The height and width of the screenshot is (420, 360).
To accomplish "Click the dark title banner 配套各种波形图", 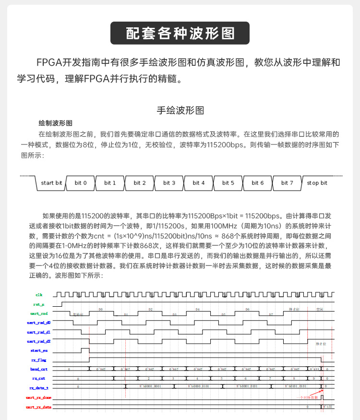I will pos(180,33).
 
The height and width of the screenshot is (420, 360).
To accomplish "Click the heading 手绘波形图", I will pos(180,110).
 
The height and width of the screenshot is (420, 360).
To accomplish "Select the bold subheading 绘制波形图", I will pos(55,123).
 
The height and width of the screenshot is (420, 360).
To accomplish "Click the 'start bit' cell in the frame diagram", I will pos(51,183).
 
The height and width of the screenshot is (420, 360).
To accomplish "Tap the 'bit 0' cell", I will pos(81,183).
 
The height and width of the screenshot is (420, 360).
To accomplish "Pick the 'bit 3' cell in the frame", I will pos(169,183).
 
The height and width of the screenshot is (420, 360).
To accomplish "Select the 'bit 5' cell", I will pos(228,183).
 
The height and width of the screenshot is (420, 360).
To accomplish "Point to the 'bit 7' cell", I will pos(288,183).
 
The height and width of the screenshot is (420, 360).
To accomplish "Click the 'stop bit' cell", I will pos(317,183).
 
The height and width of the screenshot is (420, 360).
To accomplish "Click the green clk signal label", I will pos(39,294).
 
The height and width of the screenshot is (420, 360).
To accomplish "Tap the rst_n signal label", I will pos(39,304).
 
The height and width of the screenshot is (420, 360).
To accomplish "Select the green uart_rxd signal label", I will pos(38,313).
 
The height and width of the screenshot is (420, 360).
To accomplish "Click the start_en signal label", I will pos(38,350).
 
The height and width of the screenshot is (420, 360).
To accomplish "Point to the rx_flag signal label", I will pos(38,360).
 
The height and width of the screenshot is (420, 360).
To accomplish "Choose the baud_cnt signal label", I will pos(38,369).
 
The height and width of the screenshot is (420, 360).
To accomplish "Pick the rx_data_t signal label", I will pos(38,387).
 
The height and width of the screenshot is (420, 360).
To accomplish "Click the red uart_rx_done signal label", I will pos(38,397).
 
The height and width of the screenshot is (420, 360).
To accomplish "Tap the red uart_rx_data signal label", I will pos(38,407).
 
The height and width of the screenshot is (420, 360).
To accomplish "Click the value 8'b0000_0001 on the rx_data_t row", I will pos(150,386).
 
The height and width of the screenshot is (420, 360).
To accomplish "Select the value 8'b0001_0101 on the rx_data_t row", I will pos(247,386).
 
